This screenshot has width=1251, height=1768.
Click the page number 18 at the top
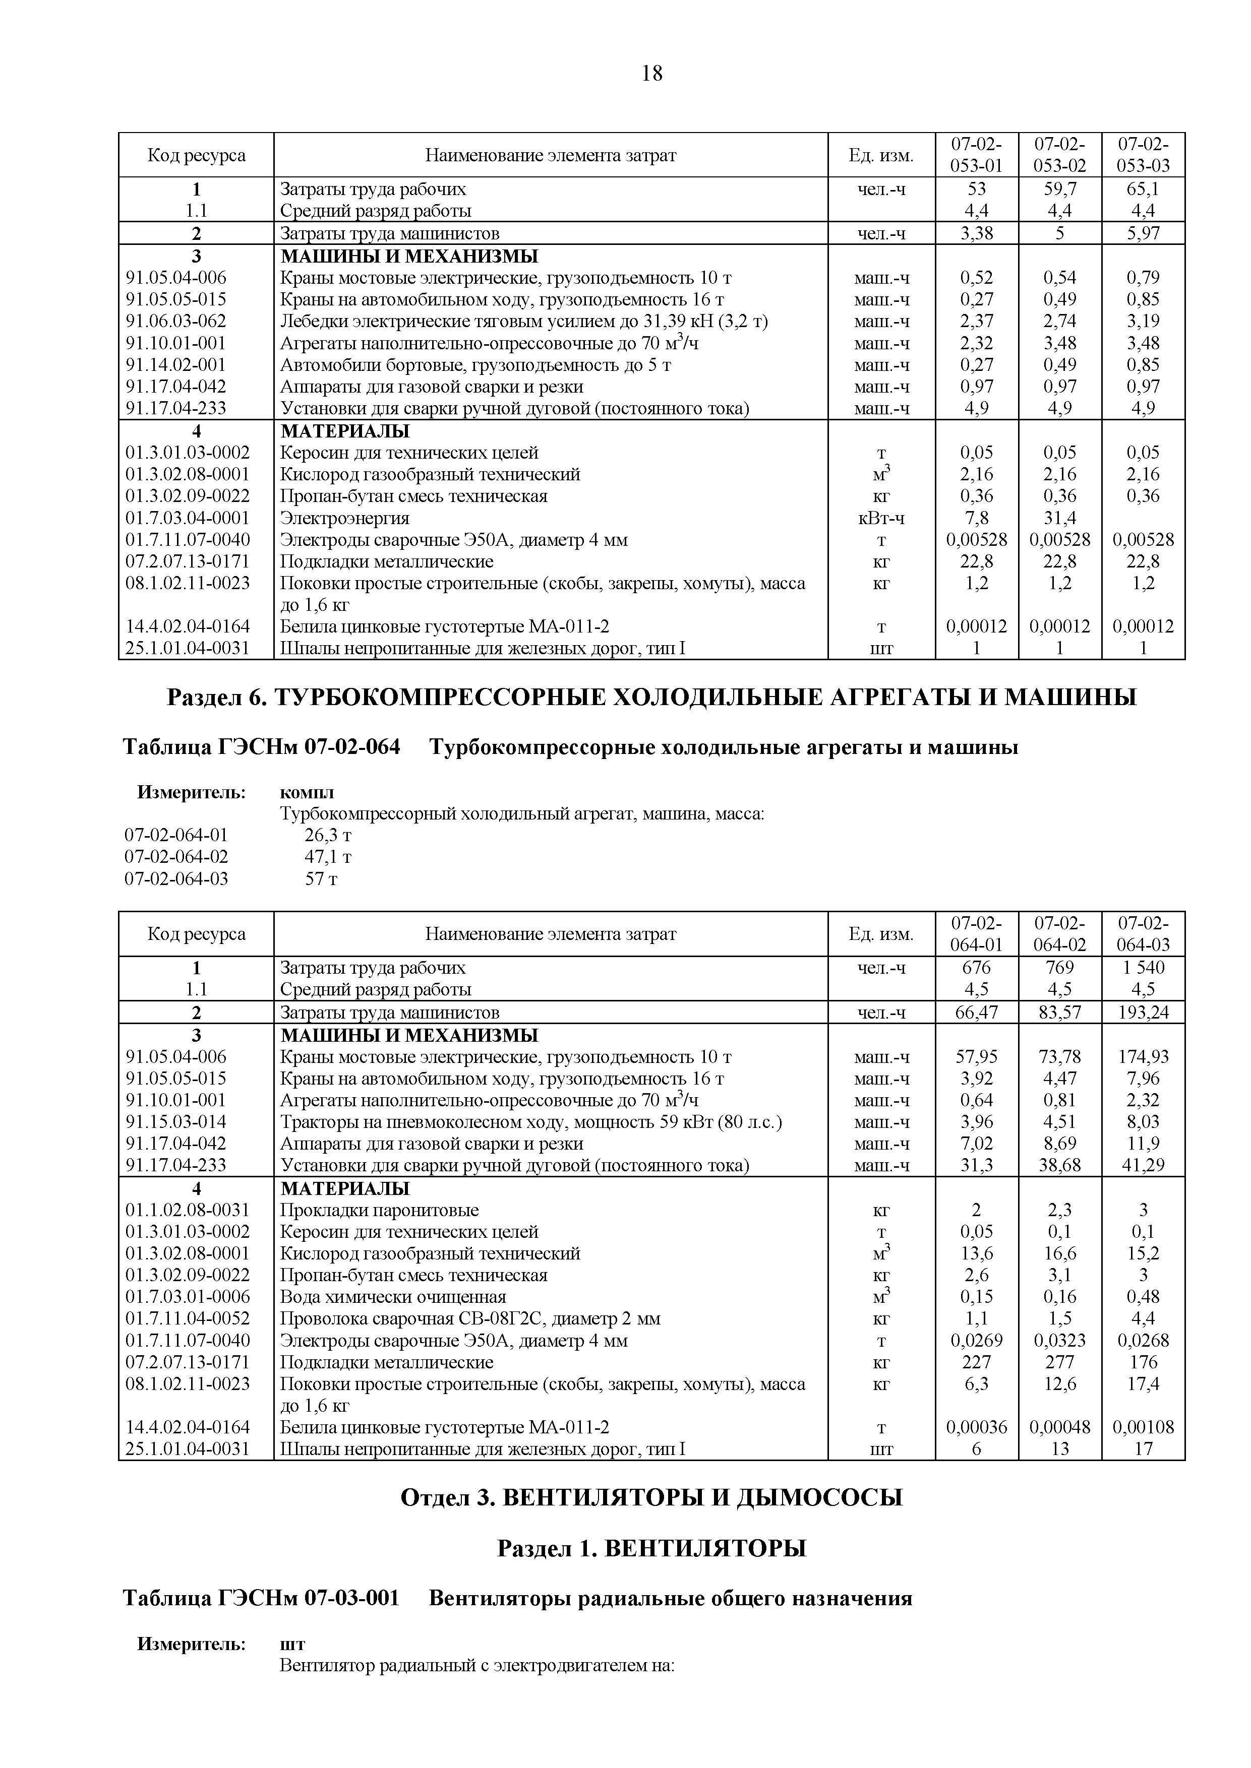[x=651, y=74]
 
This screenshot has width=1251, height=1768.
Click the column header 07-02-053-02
[x=1059, y=155]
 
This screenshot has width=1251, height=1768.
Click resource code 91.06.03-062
[x=176, y=321]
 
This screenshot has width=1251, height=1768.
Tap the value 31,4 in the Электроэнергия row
[x=1059, y=518]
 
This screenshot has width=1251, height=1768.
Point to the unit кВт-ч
[x=881, y=518]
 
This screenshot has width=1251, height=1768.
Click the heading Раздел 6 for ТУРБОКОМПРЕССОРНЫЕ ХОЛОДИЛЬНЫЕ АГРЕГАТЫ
[x=651, y=698]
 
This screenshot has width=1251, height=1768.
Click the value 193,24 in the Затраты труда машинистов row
[x=1143, y=1013]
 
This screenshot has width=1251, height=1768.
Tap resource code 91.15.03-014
[x=176, y=1122]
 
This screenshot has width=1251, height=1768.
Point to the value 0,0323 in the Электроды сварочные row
[x=1059, y=1341]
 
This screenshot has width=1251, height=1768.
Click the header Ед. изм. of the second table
[x=881, y=934]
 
